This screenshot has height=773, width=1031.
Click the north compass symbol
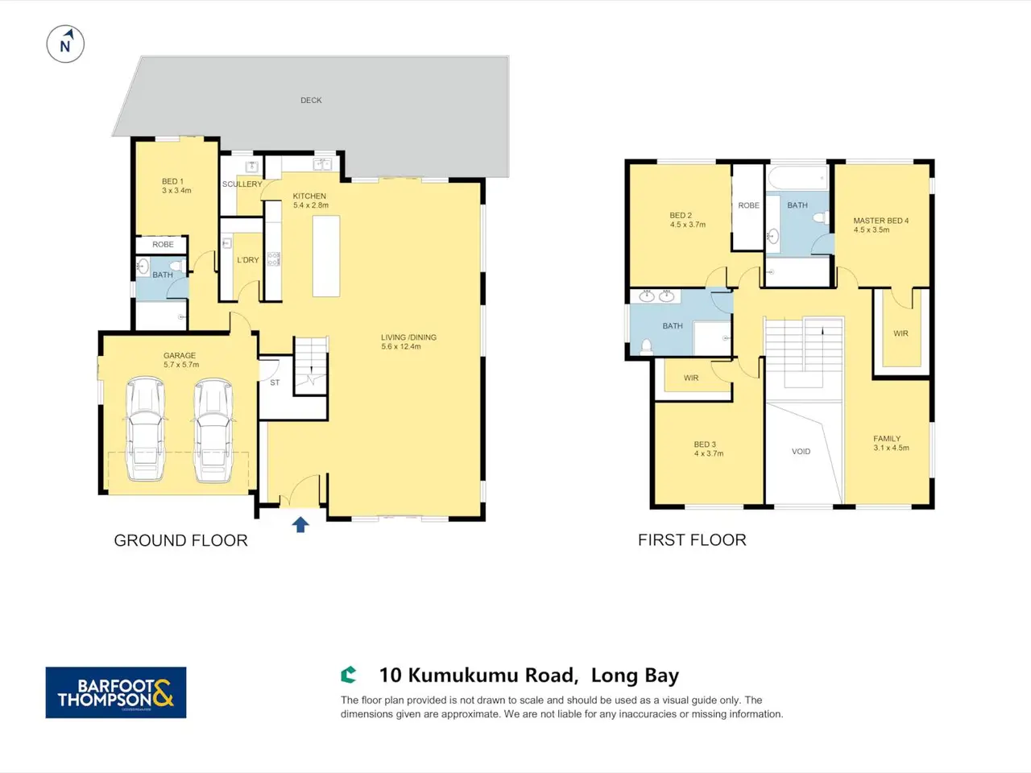(x=65, y=44)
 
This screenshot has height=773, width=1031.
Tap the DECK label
(x=311, y=100)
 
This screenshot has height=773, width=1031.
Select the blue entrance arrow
(x=300, y=525)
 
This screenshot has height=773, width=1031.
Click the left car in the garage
(x=146, y=429)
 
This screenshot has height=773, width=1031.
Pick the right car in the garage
(x=213, y=430)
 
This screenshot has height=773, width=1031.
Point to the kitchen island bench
(x=326, y=256)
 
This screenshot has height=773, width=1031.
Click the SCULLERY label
(x=242, y=184)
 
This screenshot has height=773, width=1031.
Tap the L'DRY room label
(x=248, y=259)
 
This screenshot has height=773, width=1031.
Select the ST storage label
(x=275, y=382)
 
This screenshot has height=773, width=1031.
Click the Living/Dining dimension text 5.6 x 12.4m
(x=401, y=346)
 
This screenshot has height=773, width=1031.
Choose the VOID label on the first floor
(x=801, y=452)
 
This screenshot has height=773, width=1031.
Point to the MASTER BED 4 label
(x=880, y=221)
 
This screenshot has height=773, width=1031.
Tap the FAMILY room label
(x=887, y=438)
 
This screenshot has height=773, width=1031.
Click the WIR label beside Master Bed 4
(x=901, y=333)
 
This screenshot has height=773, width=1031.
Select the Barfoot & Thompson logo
(x=116, y=692)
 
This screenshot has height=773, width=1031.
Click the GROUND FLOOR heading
(x=181, y=540)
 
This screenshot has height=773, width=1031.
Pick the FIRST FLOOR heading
(x=692, y=540)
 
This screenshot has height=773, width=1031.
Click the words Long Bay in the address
(x=635, y=676)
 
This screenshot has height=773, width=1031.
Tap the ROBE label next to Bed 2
(x=748, y=205)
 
